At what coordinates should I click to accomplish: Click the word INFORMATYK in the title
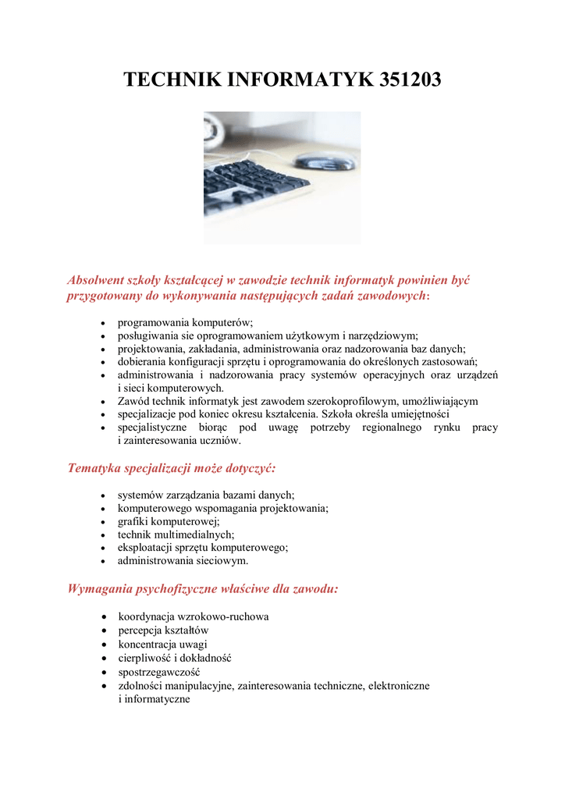(293, 80)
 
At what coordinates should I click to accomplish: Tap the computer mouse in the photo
(322, 162)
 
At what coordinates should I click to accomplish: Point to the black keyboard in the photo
(250, 183)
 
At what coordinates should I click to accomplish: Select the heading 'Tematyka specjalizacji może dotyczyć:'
(172, 468)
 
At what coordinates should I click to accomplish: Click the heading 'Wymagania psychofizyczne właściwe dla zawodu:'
(203, 588)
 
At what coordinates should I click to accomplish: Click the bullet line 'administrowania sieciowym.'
(183, 560)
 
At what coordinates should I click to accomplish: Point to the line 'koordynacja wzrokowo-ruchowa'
(193, 616)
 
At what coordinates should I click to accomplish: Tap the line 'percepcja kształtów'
(163, 630)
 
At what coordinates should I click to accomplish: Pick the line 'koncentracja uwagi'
(162, 644)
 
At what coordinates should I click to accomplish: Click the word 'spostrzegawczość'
(159, 671)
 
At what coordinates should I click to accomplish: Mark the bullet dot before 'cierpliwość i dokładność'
(105, 658)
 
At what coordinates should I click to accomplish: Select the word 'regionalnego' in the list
(392, 428)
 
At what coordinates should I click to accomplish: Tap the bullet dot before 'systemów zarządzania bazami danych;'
(105, 495)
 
